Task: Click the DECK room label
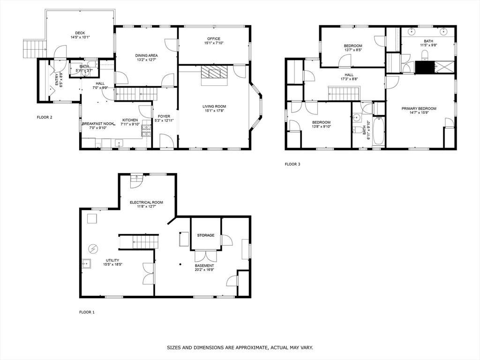click(80, 33)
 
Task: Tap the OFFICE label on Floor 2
click(213, 39)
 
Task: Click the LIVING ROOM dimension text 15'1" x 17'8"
click(214, 111)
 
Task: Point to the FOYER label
click(164, 116)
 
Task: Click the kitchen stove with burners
click(146, 131)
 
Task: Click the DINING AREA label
click(146, 55)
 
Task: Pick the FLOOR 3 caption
click(292, 164)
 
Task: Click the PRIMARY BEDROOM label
click(419, 108)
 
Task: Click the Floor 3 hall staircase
click(345, 93)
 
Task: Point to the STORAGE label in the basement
click(206, 235)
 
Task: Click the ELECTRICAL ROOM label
click(146, 202)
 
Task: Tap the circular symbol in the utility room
click(93, 248)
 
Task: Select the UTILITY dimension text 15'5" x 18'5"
click(113, 264)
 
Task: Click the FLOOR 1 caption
click(87, 312)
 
